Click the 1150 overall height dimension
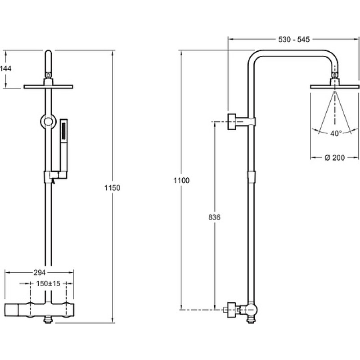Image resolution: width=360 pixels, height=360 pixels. tap(112, 188)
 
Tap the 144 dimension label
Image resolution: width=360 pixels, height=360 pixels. tap(5, 68)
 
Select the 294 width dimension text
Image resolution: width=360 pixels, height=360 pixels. tap(40, 273)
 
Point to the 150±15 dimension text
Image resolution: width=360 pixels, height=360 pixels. tap(48, 283)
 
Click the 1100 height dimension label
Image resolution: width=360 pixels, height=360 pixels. tap(181, 180)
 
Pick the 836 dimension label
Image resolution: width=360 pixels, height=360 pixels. tap(214, 217)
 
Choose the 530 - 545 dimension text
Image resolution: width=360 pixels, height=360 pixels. tap(294, 40)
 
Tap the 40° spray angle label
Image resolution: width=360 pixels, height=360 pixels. tap(336, 133)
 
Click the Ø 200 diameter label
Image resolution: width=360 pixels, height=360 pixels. tap(335, 158)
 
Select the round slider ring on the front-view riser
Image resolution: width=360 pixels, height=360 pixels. tap(48, 121)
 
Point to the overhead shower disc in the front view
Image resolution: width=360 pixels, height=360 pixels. tap(48, 86)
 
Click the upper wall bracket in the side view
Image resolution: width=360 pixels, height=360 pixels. tap(241, 121)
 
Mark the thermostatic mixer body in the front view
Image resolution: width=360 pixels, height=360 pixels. tap(40, 310)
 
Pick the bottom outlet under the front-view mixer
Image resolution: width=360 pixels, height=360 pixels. tap(48, 320)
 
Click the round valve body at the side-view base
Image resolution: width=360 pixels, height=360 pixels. tap(251, 310)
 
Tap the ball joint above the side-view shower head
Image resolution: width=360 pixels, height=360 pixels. tap(335, 75)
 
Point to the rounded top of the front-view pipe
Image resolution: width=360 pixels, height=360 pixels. tap(48, 52)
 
